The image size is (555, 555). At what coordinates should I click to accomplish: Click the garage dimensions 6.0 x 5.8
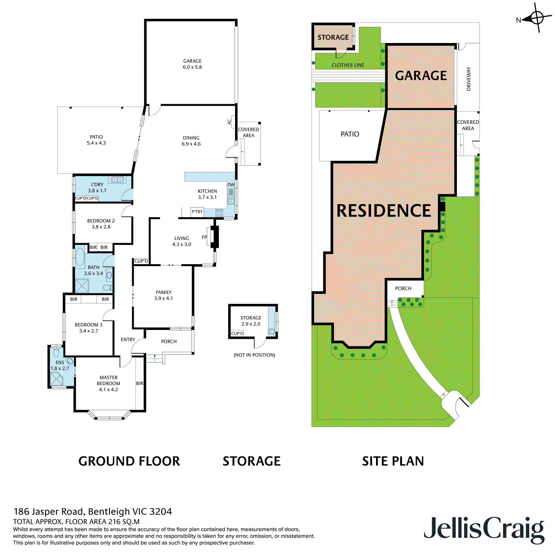[192, 67]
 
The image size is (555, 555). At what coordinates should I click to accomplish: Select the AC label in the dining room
[229, 122]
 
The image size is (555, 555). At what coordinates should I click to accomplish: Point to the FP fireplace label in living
[204, 237]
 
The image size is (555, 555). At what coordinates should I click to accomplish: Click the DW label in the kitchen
[231, 185]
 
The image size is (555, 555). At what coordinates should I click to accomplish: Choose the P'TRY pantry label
[197, 212]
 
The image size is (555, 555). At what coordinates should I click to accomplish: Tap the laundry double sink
[117, 180]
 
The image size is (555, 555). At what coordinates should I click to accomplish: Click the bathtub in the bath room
[80, 256]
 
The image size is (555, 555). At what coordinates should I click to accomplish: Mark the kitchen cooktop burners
[219, 213]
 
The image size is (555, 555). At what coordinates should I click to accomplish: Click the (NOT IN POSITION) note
[254, 355]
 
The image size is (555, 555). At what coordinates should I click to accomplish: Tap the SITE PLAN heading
[393, 461]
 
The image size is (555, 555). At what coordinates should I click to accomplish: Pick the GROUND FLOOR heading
[129, 461]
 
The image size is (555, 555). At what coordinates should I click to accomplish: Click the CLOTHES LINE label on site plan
[348, 65]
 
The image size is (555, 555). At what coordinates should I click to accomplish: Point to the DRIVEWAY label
[469, 79]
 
